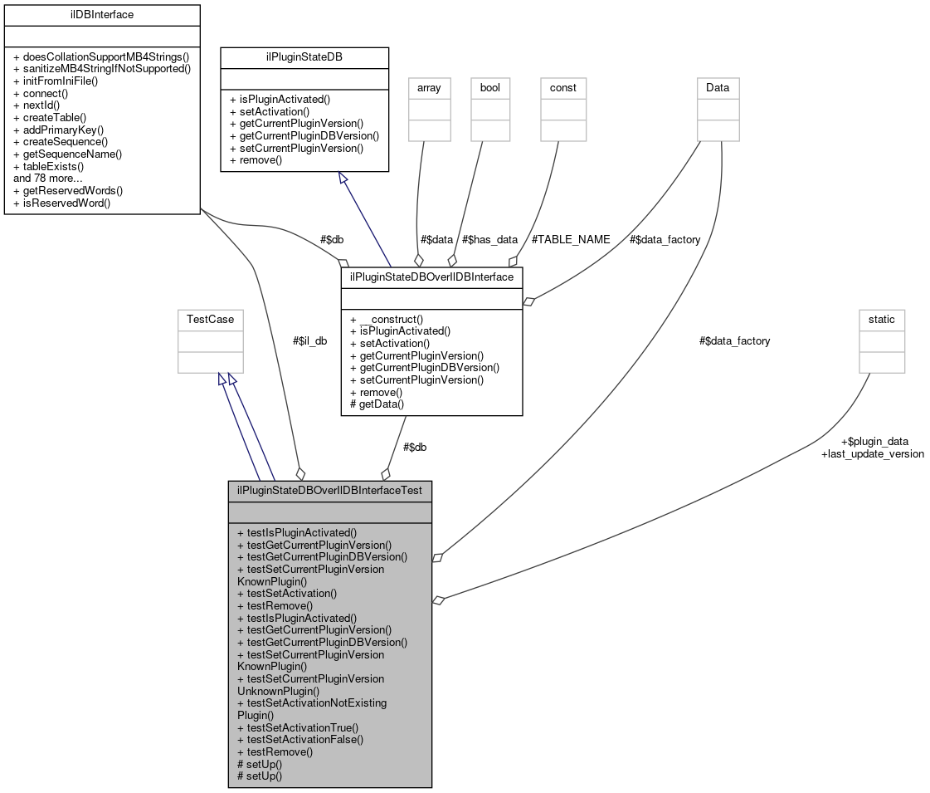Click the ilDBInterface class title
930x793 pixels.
coord(101,14)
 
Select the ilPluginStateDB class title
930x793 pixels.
coord(304,57)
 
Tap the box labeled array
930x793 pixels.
coord(429,87)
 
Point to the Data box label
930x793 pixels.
coord(718,87)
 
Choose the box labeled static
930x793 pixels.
coord(882,319)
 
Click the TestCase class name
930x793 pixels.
coord(210,319)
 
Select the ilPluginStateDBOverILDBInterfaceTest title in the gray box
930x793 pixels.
coord(329,490)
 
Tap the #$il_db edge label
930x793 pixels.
coord(309,340)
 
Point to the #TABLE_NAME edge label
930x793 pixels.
coord(571,239)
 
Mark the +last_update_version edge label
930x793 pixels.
coord(872,453)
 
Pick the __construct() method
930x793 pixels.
coord(387,318)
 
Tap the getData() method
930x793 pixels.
coord(377,404)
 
